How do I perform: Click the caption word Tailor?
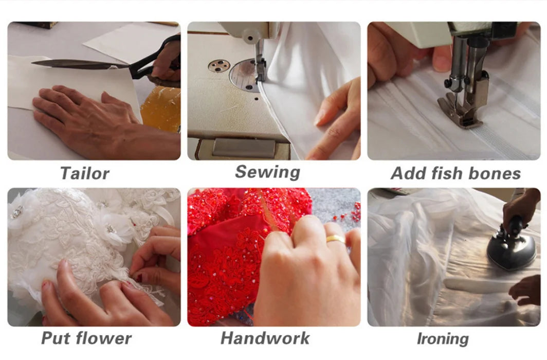[85, 173]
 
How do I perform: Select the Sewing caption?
[267, 172]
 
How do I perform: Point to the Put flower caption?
[86, 338]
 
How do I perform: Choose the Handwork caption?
[265, 338]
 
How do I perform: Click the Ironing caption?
[443, 339]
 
